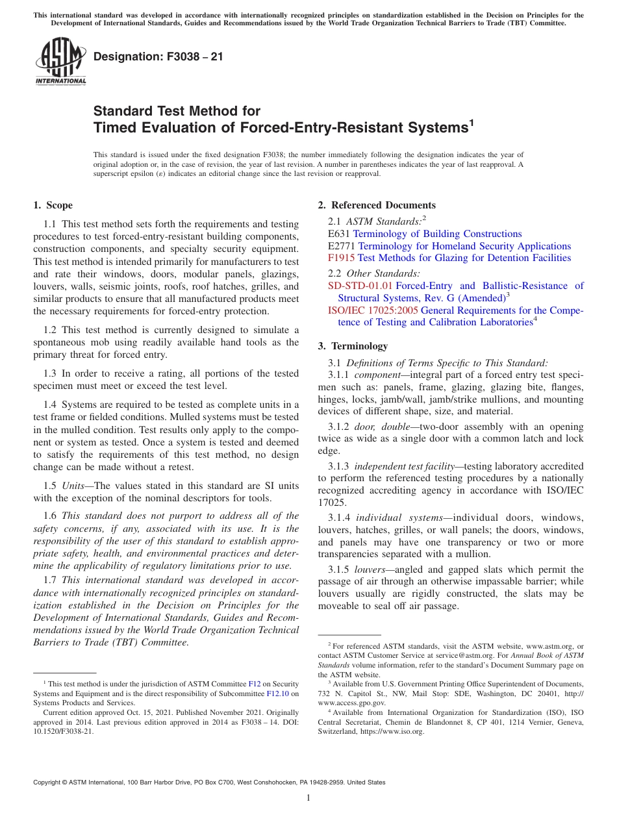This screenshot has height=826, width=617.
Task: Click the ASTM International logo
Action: point(60,62)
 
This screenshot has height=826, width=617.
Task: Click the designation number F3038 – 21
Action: point(158,56)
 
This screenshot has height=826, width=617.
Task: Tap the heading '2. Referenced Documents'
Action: point(376,205)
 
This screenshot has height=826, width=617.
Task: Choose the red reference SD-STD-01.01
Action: point(360,285)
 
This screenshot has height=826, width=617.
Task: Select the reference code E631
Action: point(339,234)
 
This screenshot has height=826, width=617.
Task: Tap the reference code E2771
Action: point(342,246)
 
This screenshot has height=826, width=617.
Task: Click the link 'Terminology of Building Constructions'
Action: point(437,234)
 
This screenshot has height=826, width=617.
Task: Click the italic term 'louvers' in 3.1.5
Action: point(370,569)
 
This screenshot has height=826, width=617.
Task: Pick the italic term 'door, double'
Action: point(381,427)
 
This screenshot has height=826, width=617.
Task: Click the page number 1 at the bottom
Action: point(308,798)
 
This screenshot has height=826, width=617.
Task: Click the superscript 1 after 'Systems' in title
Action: point(472,121)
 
